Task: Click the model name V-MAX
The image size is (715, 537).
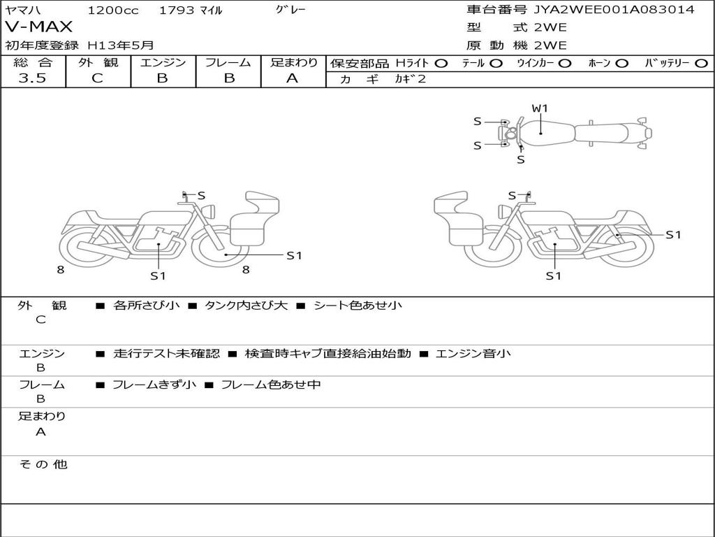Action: pos(39,27)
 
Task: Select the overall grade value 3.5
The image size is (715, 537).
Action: pos(32,78)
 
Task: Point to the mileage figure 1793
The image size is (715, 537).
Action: pos(177,10)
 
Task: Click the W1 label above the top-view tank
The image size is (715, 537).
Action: pos(540,108)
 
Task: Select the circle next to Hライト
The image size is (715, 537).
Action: pos(441,63)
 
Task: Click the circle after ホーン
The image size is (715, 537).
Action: pos(622,63)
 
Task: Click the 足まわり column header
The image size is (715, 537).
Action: pos(294,62)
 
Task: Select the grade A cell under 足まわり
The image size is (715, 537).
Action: pos(292,78)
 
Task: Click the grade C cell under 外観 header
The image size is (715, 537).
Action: pos(97,78)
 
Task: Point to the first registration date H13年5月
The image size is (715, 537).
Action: pos(121,45)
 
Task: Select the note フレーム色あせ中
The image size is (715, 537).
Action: pos(271,385)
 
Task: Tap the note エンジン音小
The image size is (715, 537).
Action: pos(473,354)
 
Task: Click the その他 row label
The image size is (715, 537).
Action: pos(43,464)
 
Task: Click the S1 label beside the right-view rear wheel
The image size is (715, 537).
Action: pos(673,235)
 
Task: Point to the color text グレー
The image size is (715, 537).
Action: pos(291,10)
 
